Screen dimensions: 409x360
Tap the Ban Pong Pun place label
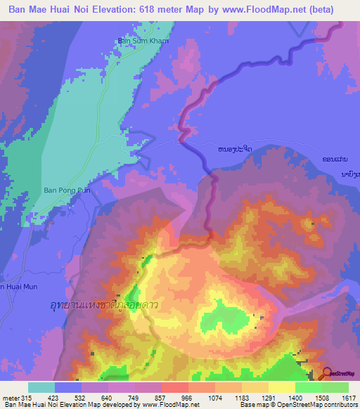pos(63,190)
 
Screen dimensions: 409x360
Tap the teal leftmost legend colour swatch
pos(41,387)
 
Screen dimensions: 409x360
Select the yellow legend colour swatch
pos(282,387)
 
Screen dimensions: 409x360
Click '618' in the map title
pos(162,9)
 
